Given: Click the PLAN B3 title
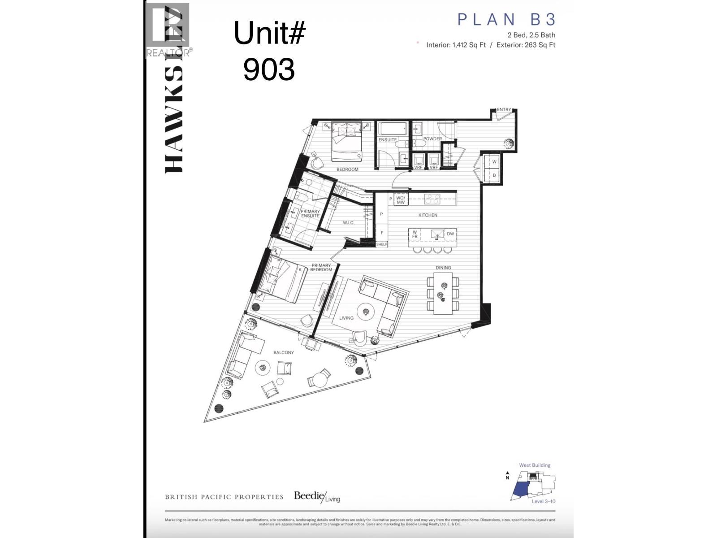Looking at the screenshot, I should point(506,20).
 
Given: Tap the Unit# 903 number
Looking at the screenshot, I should point(269,69).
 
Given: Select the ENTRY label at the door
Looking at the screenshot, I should point(504,109).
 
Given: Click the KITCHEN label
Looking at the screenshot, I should point(428,215).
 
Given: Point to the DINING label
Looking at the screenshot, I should point(443,268).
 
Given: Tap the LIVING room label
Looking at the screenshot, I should point(346,318).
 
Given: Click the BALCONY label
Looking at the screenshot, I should point(284,352).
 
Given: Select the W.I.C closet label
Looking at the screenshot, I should point(348,223).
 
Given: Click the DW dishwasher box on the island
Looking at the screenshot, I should point(450,234).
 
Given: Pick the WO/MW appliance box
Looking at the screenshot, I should point(401,200).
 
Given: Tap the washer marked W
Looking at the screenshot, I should point(494,162).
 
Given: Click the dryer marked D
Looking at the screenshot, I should point(494,175).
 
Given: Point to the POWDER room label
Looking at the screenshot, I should point(432,139).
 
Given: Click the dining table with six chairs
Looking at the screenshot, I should point(443,294).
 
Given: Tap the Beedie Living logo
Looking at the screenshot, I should point(317,497).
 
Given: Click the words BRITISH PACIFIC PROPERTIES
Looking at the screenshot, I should point(224,497).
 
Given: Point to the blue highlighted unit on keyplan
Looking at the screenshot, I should point(520,491).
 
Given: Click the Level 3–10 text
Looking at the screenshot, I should point(543,501).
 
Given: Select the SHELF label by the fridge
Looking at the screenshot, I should point(382,244).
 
